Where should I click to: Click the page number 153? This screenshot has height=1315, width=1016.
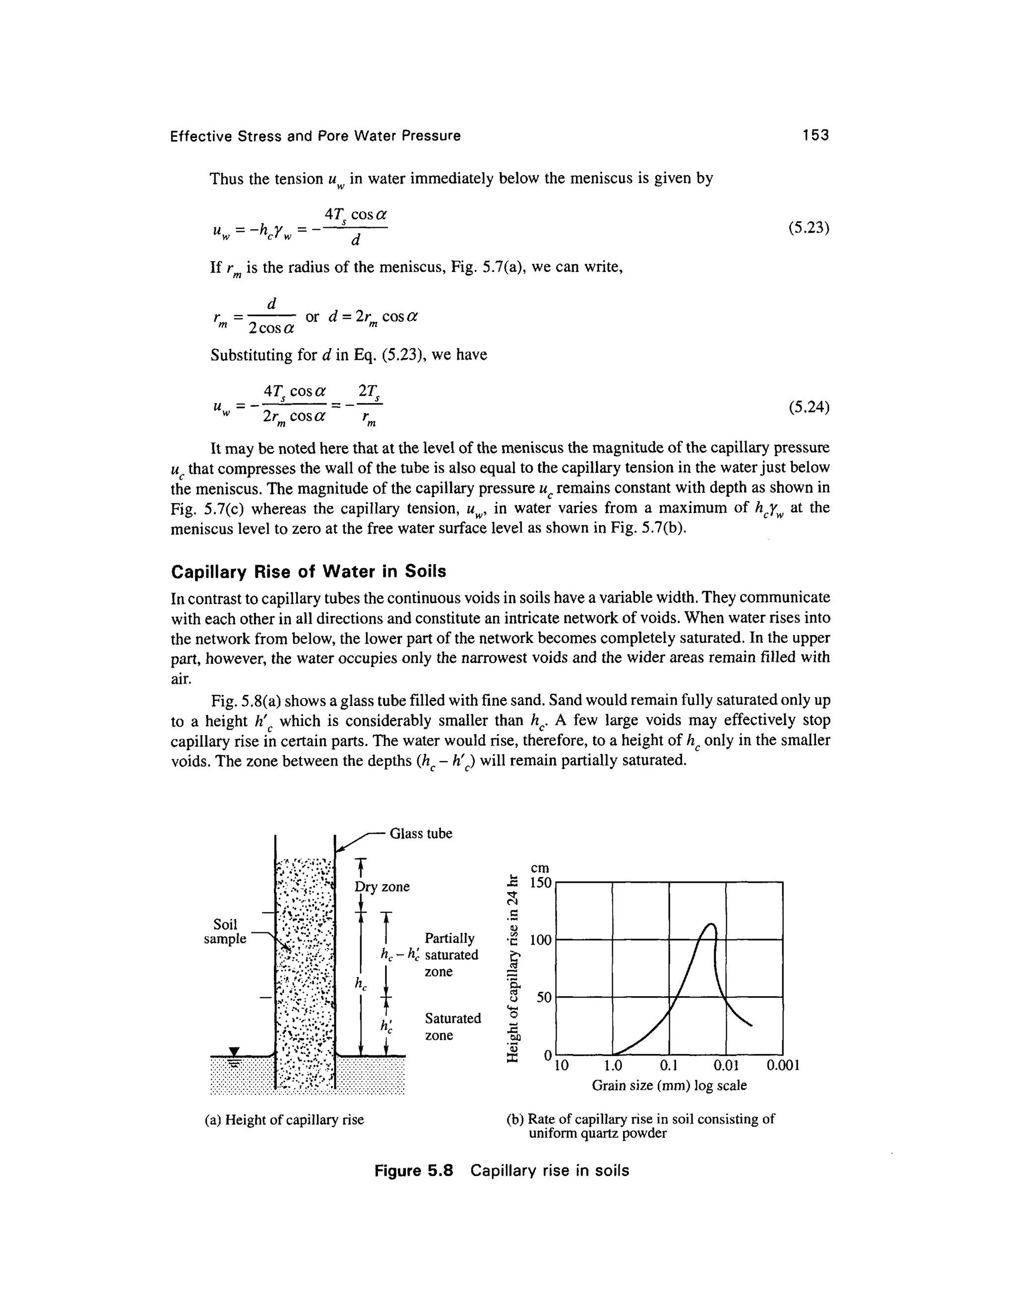816,135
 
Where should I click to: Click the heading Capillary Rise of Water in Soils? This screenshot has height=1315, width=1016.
309,571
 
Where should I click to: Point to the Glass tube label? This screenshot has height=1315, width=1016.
421,833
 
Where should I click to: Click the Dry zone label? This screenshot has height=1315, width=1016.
382,886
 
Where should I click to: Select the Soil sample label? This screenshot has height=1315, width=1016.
225,931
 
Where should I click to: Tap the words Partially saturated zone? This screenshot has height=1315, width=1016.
451,955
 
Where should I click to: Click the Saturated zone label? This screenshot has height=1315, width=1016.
452,1027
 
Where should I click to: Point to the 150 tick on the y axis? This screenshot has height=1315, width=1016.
541,883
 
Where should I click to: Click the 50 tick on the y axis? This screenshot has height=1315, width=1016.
544,998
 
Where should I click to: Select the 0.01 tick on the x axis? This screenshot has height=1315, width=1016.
726,1066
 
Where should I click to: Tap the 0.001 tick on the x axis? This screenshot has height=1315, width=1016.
782,1066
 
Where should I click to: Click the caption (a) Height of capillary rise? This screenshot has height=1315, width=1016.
285,1120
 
